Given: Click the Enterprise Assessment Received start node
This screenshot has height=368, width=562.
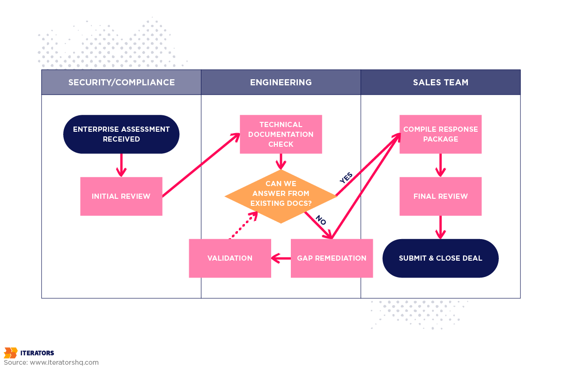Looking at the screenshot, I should tap(121, 134).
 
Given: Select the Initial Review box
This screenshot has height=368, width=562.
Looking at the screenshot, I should tap(121, 196).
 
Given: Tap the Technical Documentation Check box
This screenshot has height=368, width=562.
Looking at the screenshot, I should tap(281, 134).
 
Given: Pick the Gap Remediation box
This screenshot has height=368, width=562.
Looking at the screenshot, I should tap(332, 258).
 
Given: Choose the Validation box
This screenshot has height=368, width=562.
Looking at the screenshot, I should tap(230, 258).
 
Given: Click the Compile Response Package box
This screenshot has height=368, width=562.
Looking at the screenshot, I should tap(440, 134).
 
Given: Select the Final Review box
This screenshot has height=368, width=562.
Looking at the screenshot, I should tap(440, 196).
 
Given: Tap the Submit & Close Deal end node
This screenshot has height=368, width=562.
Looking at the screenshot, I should tap(440, 258).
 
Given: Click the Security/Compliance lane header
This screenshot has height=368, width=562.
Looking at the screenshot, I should tap(121, 83).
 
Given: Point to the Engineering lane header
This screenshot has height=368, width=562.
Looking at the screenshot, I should tap(281, 83).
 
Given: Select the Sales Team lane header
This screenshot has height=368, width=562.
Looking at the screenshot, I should tap(440, 83).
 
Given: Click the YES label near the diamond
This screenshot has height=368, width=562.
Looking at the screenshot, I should tap(346, 177).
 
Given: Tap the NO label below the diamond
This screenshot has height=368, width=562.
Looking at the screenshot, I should tap(320, 220).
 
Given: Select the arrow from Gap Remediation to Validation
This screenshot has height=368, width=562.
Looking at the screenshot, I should tap(281, 258).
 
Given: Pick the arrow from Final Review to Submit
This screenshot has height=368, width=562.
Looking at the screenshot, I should tap(440, 227).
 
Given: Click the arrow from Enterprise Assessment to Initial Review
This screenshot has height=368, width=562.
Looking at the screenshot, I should tap(121, 165).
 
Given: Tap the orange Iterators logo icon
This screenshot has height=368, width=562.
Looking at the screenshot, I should tap(10, 353).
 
